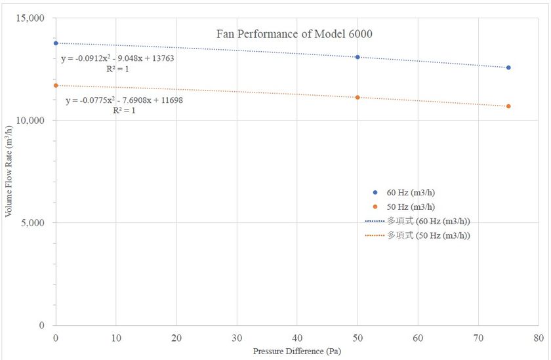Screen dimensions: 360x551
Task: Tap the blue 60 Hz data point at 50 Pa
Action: tap(357, 57)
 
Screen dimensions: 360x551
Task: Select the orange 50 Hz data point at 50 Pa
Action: tap(357, 97)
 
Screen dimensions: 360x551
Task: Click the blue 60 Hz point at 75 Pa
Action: tap(508, 68)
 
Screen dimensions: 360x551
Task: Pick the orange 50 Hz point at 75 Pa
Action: tap(508, 106)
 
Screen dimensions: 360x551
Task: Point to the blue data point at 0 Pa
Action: tap(56, 43)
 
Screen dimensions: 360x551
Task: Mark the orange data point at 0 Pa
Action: tap(56, 85)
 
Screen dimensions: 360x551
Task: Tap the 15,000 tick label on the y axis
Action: tap(29, 18)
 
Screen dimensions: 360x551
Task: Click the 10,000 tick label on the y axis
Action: tap(29, 120)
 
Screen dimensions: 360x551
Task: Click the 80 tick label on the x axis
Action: tap(538, 338)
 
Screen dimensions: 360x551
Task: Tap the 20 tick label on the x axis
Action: tap(176, 338)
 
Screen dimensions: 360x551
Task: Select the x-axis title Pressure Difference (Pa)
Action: tap(297, 351)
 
